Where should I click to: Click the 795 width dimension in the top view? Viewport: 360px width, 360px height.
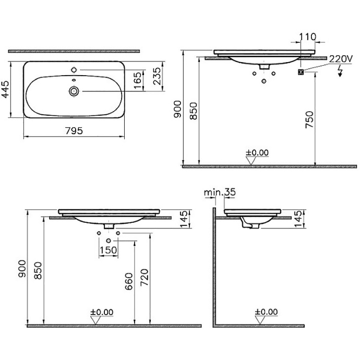coord(74,131)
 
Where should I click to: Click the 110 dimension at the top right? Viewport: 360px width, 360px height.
coord(308,37)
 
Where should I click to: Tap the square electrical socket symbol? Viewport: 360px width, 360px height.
coord(301,71)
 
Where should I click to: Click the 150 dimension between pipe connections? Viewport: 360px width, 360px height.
coord(108,250)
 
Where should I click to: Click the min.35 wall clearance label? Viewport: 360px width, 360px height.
coord(220,193)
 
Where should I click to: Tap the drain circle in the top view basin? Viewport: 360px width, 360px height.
coord(74,91)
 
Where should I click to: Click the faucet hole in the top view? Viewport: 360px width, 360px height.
coord(74,69)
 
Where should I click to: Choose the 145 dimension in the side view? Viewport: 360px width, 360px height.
coord(297,220)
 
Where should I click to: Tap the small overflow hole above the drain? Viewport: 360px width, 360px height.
coord(74,80)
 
